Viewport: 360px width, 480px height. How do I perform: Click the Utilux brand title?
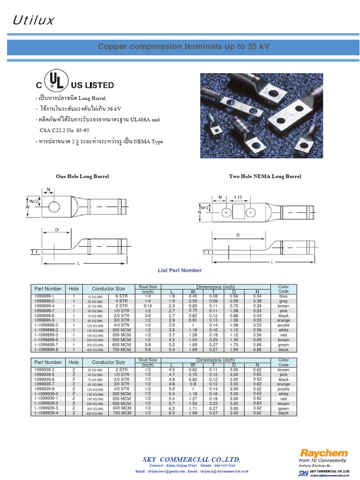click(33, 20)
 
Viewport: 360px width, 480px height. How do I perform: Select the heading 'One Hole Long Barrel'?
click(82, 176)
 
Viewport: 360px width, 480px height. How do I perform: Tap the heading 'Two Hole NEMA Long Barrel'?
click(265, 176)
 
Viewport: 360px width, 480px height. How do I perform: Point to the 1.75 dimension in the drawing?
click(238, 198)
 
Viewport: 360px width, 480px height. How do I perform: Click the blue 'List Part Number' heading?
click(180, 270)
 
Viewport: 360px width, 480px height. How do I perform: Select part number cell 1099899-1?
click(44, 296)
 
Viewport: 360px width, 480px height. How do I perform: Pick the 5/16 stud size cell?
click(148, 306)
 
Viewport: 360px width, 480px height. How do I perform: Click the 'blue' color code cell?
click(284, 296)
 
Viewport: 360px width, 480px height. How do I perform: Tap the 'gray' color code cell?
click(284, 301)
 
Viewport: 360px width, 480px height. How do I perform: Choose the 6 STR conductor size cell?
click(121, 296)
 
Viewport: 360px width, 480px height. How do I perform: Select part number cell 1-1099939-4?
click(46, 413)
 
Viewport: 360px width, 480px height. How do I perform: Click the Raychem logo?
click(324, 453)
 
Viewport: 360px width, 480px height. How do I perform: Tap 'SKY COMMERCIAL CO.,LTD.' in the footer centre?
click(191, 459)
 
